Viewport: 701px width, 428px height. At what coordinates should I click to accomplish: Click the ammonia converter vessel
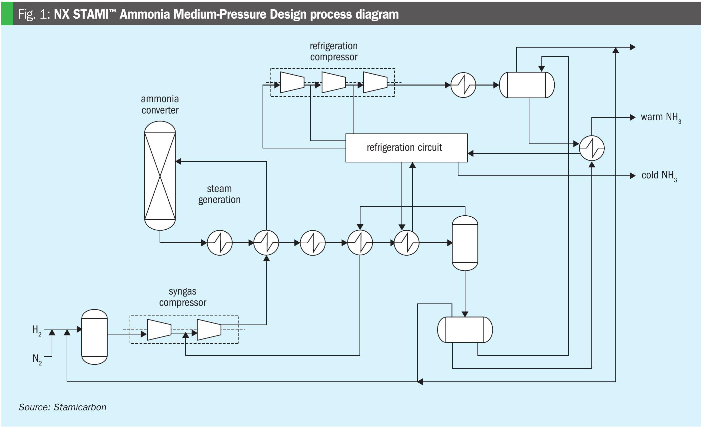coord(160,175)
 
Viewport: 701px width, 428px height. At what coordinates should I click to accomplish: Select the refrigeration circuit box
coord(406,148)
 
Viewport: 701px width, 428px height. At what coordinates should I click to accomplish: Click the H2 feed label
coord(37,330)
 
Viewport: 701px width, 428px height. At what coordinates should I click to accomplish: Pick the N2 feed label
coord(37,359)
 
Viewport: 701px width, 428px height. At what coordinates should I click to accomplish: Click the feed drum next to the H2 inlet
coord(95,337)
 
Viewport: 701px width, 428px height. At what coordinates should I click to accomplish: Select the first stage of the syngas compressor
coord(159,330)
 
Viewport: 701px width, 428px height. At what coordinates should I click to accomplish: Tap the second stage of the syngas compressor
coord(209,330)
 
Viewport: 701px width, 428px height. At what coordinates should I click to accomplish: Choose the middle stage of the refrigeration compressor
coord(334,82)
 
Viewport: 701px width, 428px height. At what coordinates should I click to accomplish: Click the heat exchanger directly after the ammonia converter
coord(220,243)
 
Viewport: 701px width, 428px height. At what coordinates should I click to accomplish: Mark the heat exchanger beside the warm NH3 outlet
coord(592,148)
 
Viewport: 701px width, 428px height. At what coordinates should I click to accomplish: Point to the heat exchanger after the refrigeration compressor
coord(463,85)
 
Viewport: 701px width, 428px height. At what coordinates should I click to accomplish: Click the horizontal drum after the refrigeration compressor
coord(527,85)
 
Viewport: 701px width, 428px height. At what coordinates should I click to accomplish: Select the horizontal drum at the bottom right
coord(465,329)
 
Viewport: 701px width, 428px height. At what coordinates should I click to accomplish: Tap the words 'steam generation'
coord(219,194)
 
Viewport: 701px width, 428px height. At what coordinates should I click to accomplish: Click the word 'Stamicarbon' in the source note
coord(80,407)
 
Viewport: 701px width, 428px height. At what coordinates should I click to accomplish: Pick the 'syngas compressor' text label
coord(183,297)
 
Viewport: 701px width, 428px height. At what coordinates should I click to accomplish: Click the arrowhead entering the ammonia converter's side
coord(179,161)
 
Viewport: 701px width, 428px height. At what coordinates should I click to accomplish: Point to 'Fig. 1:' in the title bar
coord(34,14)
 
